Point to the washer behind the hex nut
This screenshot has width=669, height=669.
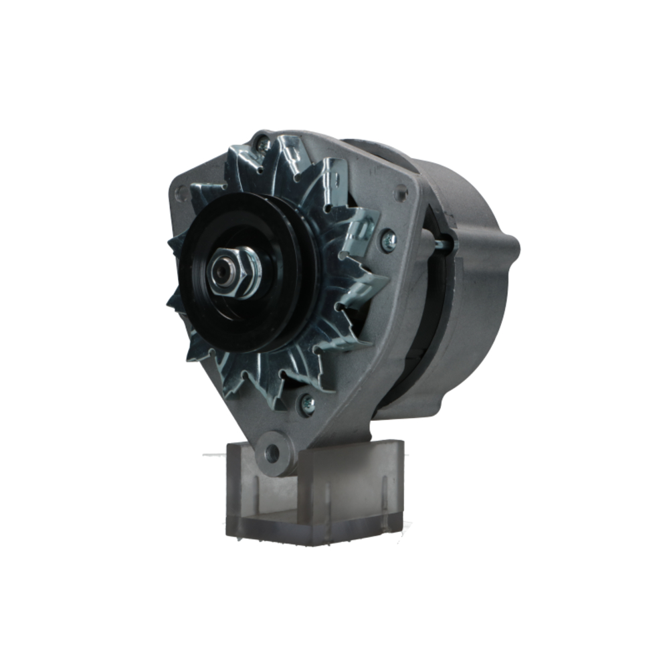pyautogui.click(x=252, y=271)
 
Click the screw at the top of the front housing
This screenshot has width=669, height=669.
pyautogui.click(x=264, y=143)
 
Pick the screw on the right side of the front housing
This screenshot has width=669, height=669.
pyautogui.click(x=388, y=240)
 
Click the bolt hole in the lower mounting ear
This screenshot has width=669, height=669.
pyautogui.click(x=272, y=454)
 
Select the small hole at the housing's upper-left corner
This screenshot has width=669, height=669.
pyautogui.click(x=180, y=195)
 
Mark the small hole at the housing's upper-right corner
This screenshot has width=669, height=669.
pyautogui.click(x=401, y=193)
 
